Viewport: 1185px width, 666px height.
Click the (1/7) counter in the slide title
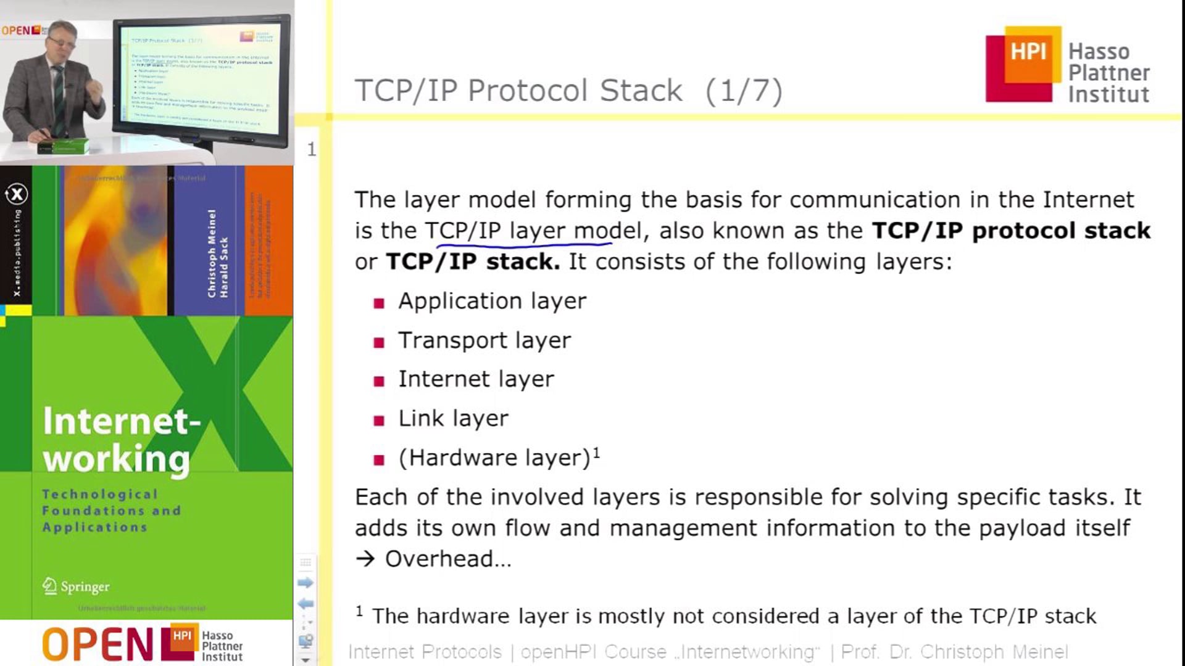coord(744,91)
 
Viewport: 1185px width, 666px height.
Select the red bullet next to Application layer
coord(379,303)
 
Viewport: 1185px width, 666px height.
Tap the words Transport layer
coord(484,340)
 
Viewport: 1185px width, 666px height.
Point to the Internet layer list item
coord(476,379)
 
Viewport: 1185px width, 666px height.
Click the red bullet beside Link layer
coord(379,421)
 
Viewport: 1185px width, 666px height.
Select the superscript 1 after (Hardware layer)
coord(596,453)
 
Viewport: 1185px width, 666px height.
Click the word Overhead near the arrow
coord(447,559)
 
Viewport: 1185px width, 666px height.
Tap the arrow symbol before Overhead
coord(365,559)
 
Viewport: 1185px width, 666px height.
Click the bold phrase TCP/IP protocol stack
coord(1011,231)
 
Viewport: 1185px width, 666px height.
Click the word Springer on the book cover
coord(85,586)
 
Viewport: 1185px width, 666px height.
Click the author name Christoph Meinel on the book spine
coord(212,253)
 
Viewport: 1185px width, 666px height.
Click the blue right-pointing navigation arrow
coord(306,583)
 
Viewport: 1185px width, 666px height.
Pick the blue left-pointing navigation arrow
coord(306,604)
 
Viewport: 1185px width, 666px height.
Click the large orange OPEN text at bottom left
coord(98,644)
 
